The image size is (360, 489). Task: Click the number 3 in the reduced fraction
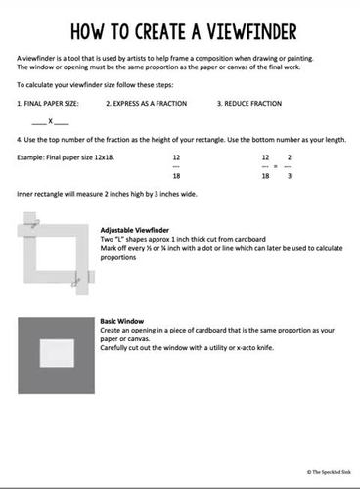click(289, 176)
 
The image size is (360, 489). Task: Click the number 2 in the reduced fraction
click(289, 156)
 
